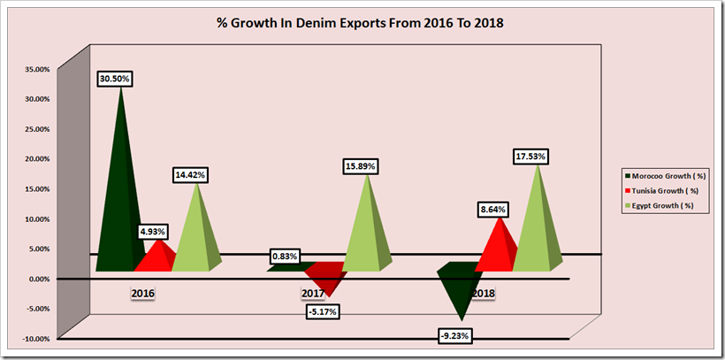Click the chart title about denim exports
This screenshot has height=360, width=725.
[362, 24]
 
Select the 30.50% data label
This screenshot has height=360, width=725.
[115, 79]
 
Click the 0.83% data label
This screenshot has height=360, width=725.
[285, 257]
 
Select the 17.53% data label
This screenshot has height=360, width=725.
[530, 157]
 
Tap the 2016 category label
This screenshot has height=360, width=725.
[143, 291]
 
